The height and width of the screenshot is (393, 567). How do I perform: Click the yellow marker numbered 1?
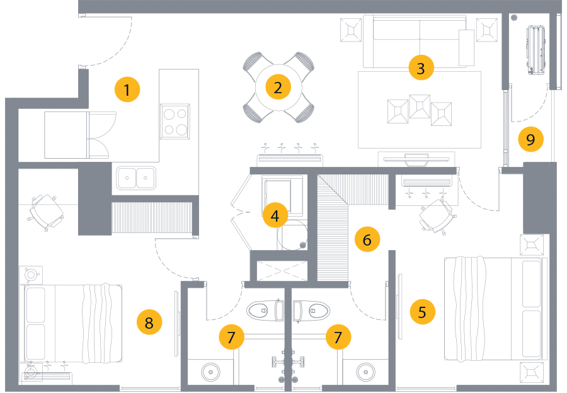[x=127, y=90]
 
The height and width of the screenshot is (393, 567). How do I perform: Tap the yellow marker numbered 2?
[x=278, y=88]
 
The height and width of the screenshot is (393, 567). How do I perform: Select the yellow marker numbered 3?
[x=421, y=67]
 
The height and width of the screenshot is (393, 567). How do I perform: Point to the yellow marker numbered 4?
[x=275, y=216]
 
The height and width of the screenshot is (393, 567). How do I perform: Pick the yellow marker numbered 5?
[x=422, y=312]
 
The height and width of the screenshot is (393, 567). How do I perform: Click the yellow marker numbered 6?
[x=367, y=239]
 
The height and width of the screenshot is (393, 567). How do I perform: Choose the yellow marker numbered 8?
[x=149, y=323]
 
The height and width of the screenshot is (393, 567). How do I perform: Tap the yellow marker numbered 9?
[x=530, y=139]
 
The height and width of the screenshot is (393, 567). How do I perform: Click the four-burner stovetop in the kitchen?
[x=175, y=122]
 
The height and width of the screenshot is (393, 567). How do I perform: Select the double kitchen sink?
[x=137, y=178]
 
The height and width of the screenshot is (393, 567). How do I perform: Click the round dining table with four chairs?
[x=278, y=88]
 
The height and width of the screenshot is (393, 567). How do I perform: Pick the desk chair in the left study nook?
[x=46, y=212]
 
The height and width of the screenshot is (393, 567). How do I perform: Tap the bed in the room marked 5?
[x=495, y=309]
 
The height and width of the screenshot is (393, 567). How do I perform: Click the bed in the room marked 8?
[x=72, y=324]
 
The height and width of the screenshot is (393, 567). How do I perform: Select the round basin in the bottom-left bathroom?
[x=210, y=372]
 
